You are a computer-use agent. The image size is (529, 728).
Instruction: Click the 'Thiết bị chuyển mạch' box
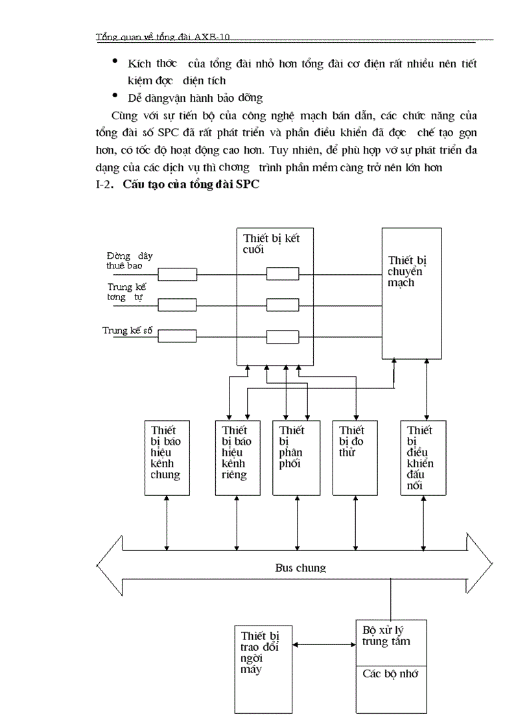411,293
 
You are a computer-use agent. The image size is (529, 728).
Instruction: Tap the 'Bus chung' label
300,568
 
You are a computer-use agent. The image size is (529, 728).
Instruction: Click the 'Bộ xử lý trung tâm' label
386,635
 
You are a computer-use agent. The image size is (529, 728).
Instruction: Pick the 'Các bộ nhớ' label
390,674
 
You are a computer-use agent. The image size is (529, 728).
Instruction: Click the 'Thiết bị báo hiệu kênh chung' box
166,458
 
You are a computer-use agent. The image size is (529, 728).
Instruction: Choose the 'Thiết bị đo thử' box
355,458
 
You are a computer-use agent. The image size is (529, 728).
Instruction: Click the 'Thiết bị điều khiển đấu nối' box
424,458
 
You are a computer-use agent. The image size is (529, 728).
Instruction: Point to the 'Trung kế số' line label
127,330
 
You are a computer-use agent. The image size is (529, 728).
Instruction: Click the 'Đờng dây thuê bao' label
130,261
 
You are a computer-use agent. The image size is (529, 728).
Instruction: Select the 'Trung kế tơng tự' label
125,292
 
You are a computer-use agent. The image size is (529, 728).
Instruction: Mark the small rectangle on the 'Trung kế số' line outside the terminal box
178,336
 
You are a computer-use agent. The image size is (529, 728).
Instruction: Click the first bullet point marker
115,62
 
